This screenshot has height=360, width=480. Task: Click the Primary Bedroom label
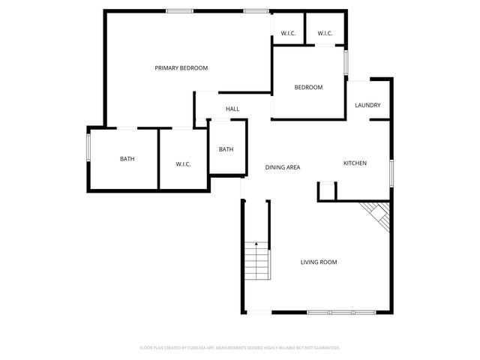(x=181, y=68)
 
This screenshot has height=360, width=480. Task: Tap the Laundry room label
(x=367, y=106)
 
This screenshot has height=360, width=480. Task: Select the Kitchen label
(x=355, y=163)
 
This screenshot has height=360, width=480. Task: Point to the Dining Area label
(x=283, y=167)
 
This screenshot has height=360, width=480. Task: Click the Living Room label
(x=319, y=262)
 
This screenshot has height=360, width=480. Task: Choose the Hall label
(x=232, y=109)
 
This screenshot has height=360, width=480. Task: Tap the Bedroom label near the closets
(x=308, y=88)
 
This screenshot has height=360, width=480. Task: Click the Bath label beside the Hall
(x=226, y=149)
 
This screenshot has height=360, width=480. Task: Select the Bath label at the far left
(x=127, y=159)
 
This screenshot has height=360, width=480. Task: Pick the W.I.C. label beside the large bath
(x=184, y=163)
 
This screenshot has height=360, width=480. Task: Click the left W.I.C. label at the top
(x=288, y=34)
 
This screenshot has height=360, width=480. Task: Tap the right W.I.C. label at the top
(x=325, y=34)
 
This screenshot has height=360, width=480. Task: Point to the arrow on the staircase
(x=256, y=245)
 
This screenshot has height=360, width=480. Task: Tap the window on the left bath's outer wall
(x=88, y=145)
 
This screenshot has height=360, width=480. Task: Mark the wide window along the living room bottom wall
(x=342, y=312)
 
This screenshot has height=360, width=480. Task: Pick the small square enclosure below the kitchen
(x=327, y=192)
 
